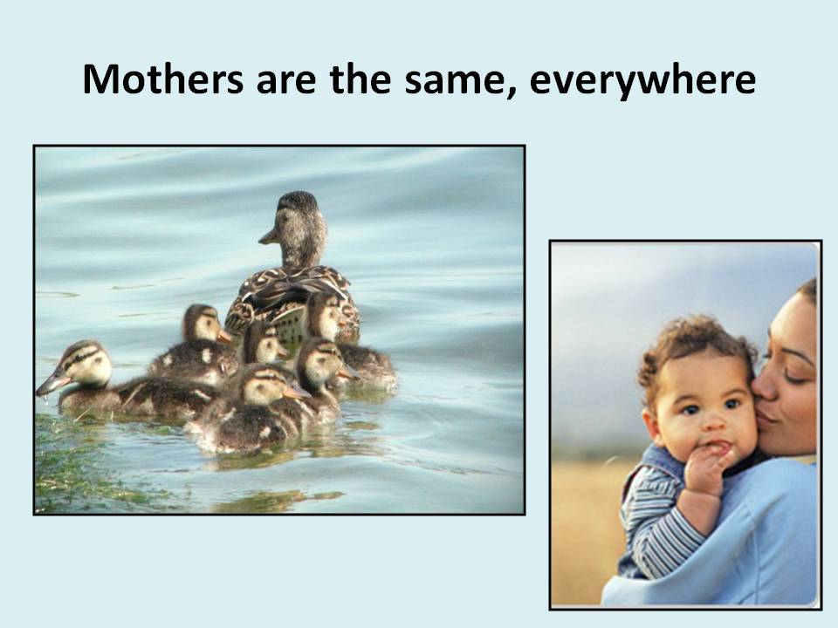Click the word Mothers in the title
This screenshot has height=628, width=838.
(x=163, y=79)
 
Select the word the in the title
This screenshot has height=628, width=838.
(x=361, y=79)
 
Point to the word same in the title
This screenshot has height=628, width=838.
(x=455, y=83)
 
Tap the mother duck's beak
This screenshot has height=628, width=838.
(x=269, y=236)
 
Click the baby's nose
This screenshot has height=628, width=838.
(x=713, y=421)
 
